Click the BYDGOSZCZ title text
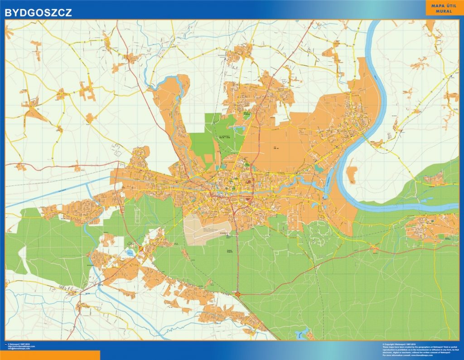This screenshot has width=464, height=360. tap(38, 12)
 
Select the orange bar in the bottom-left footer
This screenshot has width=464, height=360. tap(50, 355)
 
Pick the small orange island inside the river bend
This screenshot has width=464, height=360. tap(352, 173)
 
